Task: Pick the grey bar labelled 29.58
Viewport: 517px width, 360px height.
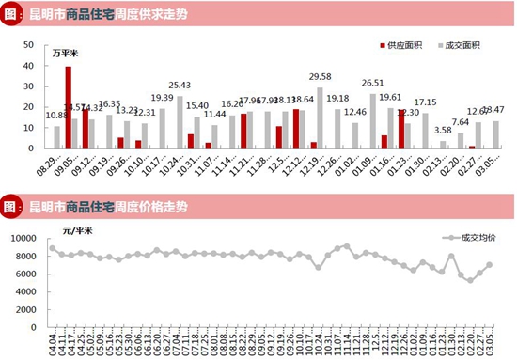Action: click(x=321, y=118)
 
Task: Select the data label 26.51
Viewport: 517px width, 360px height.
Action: click(x=372, y=83)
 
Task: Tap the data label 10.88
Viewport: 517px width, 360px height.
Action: click(x=55, y=116)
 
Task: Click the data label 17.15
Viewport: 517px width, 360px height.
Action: click(x=425, y=102)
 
